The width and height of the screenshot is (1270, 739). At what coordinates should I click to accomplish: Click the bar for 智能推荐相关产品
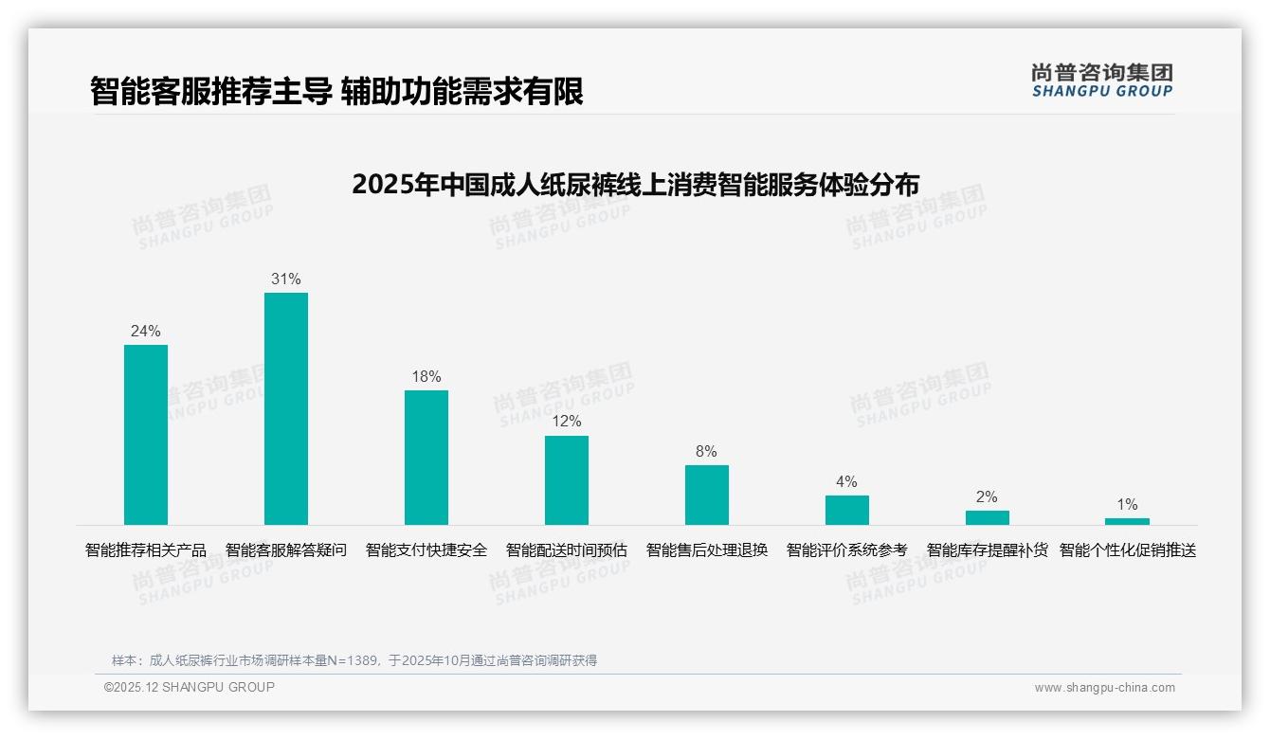(146, 435)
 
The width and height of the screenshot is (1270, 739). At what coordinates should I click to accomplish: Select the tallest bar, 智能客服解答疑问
(286, 408)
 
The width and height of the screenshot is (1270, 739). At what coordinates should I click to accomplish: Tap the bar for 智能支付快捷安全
(426, 458)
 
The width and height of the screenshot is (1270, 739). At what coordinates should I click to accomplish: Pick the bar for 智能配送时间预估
(567, 480)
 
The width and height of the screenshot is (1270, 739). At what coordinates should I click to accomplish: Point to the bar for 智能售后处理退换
(707, 495)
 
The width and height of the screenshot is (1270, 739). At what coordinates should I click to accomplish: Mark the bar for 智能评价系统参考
(847, 510)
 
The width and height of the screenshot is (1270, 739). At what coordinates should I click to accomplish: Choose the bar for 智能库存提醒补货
(988, 517)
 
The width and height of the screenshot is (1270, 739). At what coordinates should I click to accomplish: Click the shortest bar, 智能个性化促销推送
(1127, 521)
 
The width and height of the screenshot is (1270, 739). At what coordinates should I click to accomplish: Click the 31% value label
(286, 279)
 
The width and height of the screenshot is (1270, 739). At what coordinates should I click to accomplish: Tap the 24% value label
(146, 332)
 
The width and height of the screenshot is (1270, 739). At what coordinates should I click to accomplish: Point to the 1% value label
(1127, 505)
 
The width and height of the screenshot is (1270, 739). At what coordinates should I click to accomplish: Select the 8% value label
(707, 452)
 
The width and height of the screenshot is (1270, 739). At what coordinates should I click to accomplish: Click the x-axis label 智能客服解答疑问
(286, 550)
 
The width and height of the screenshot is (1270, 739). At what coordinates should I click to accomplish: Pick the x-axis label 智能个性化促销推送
(1128, 550)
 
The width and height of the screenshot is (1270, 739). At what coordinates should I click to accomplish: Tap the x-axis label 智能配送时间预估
(567, 550)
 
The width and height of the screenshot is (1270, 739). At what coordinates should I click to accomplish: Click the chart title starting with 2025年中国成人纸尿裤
(635, 184)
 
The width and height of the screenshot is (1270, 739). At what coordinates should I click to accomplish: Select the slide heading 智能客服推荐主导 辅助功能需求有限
(336, 91)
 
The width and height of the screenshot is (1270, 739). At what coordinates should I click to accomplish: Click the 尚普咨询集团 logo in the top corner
(1101, 81)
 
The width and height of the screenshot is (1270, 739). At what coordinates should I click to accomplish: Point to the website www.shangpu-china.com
(1104, 688)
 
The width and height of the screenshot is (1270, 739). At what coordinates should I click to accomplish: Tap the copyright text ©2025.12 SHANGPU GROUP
(190, 687)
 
